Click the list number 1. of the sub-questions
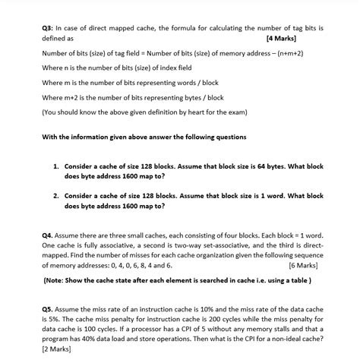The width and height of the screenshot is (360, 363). point(56,164)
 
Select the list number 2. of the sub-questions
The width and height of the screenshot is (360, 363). point(56,195)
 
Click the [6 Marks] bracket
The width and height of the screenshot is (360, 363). point(305,267)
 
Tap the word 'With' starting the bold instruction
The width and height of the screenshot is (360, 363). point(52,137)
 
